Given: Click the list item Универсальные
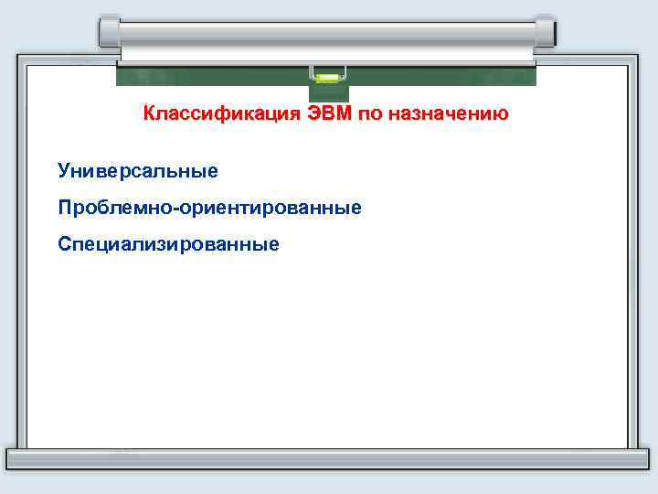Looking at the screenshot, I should tap(138, 170).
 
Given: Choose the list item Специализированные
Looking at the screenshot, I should tap(168, 244).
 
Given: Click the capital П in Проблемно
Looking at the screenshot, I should tap(64, 208).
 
